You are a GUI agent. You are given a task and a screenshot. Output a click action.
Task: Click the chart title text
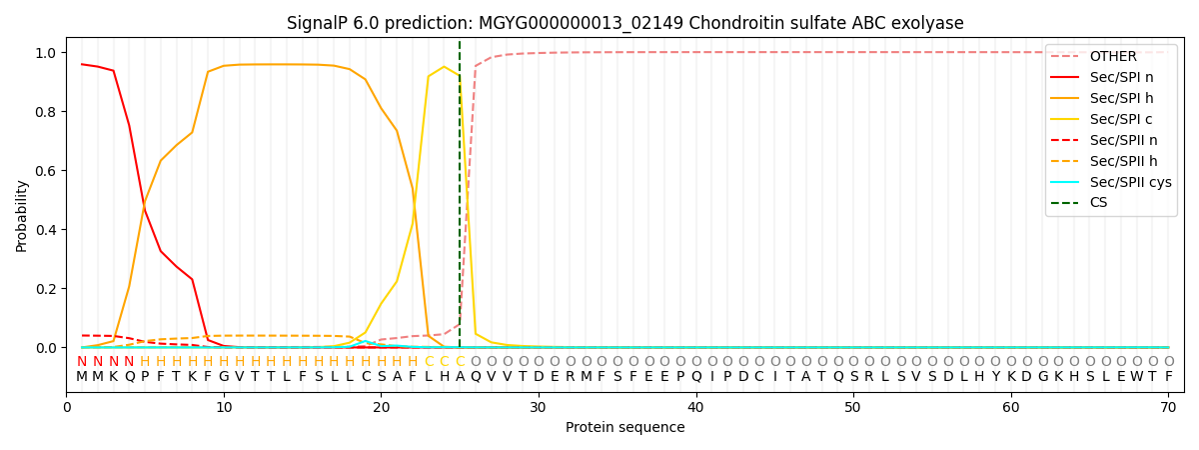624,23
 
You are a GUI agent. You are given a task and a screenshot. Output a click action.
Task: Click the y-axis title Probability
22,215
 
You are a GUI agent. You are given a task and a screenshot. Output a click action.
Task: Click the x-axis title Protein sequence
624,428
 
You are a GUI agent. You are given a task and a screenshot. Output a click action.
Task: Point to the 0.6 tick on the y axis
46,171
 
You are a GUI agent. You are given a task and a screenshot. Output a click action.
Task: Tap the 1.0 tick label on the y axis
46,53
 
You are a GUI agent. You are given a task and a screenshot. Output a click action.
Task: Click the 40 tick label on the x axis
695,407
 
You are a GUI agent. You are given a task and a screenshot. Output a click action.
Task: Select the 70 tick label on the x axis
1168,407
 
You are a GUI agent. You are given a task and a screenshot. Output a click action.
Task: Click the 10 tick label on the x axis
224,407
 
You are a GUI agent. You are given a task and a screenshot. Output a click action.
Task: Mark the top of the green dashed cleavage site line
460,42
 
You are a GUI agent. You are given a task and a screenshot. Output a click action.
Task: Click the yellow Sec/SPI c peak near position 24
444,67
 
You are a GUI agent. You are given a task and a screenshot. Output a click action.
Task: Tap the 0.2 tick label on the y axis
46,289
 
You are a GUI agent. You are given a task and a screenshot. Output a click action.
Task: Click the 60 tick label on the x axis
1010,407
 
